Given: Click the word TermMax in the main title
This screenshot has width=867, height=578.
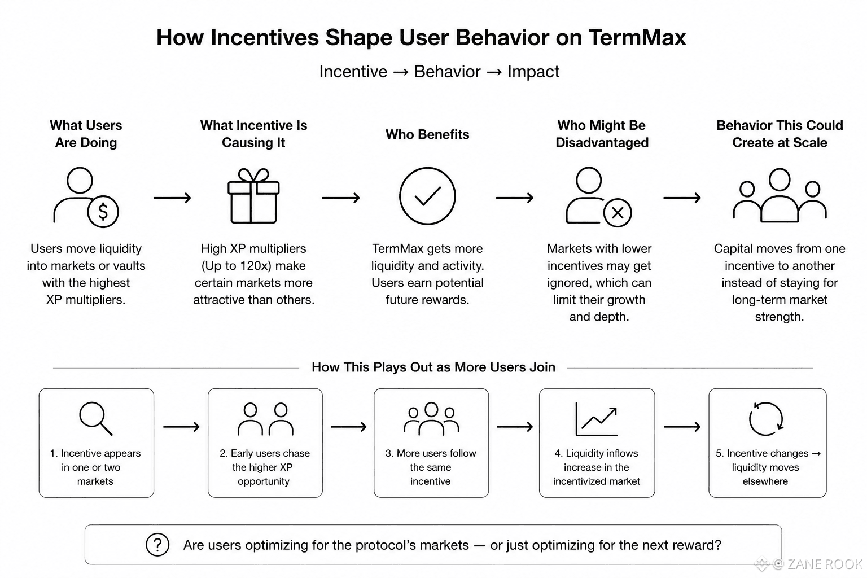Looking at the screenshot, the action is coord(637,38).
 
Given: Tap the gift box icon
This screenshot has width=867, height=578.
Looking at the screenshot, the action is coord(253,195).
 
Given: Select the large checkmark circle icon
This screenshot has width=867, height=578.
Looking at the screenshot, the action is coord(427,196).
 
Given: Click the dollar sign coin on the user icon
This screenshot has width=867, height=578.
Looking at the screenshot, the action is coord(103,211).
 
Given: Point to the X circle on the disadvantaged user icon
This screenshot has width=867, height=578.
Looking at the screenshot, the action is coord(618,213).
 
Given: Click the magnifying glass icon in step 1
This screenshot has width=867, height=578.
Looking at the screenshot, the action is coord(95,419).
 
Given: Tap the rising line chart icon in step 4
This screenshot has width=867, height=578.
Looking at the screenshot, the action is coord(597,419).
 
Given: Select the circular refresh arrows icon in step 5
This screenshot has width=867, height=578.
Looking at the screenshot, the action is coord(766,419).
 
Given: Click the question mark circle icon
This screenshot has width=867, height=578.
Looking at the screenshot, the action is coord(157,545).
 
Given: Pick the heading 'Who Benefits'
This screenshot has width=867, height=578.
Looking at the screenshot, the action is coord(427,134).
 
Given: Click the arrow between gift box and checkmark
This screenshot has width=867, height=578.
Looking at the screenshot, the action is coord(340,198).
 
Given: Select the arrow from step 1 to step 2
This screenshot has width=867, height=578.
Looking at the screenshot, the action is coord(181,427).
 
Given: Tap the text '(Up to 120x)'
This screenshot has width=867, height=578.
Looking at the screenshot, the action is coord(253,266).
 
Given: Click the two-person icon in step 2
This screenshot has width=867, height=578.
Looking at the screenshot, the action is coord(265,419).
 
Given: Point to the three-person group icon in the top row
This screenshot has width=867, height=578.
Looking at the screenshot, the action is coord(780,195).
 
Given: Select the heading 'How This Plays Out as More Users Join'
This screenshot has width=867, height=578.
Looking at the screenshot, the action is coord(433,367).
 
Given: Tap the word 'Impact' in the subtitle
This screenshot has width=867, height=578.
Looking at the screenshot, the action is coord(533,72).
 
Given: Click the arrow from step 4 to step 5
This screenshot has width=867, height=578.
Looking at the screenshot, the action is coord(682,427).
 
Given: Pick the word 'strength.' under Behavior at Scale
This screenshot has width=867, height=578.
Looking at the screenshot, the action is coord(780,317).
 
